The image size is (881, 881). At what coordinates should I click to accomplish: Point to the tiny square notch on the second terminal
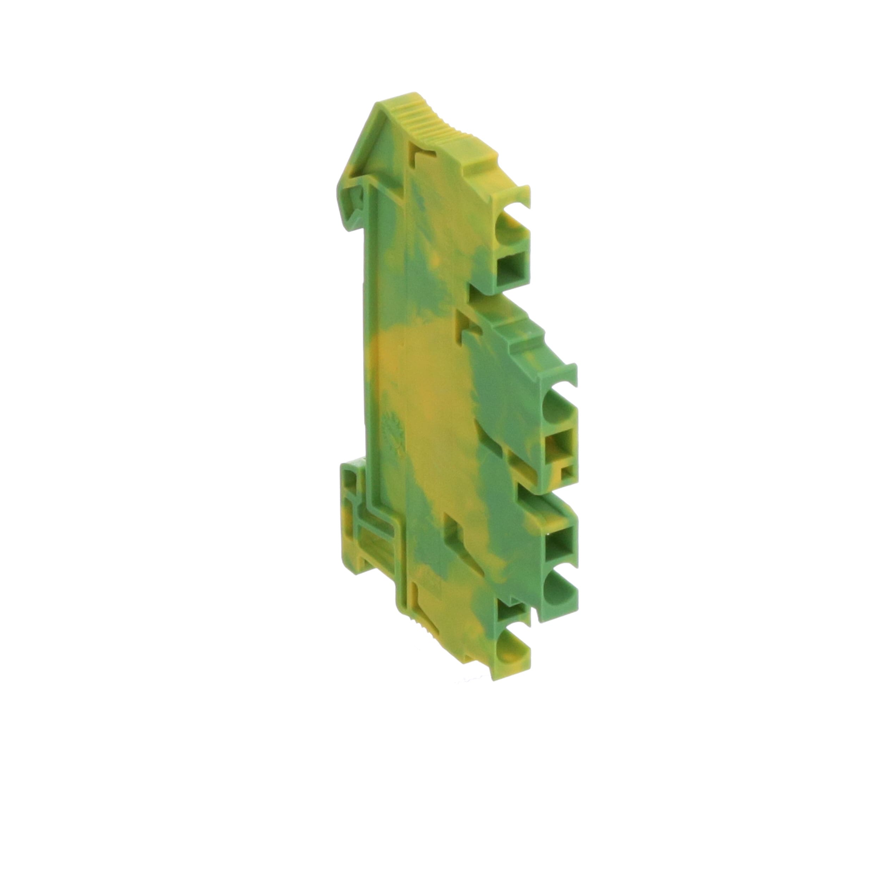point(567,474)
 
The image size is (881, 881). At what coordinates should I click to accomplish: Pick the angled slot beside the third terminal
point(456,529)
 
